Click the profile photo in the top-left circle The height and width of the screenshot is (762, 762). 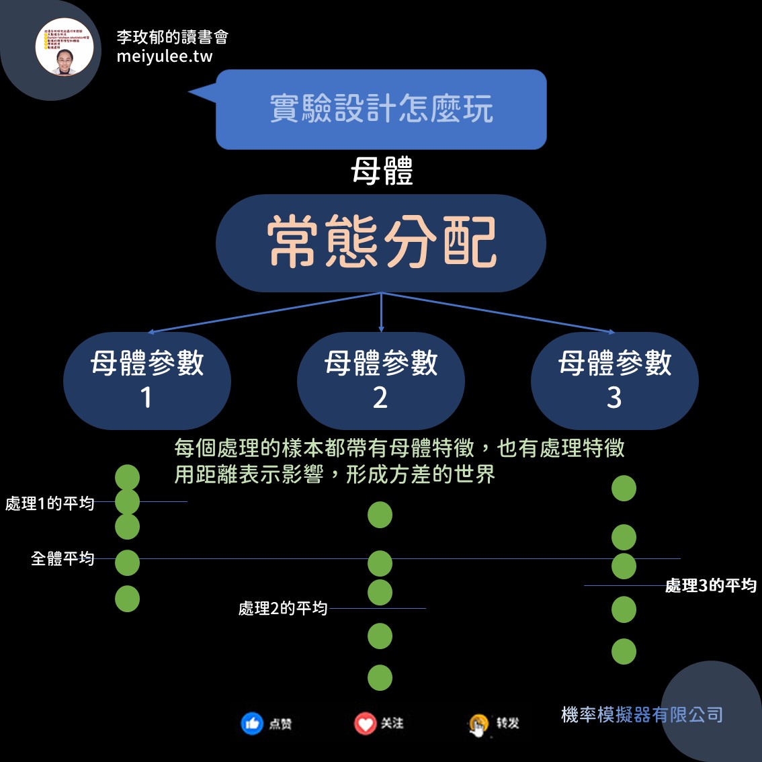65,47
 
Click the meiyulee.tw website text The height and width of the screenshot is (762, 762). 165,56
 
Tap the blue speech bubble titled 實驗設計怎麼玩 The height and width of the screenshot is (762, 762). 381,109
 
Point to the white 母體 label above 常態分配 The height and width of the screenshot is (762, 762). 382,171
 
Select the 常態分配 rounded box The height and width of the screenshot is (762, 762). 381,243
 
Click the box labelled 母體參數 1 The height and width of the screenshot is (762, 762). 147,380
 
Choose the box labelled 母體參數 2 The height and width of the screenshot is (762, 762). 381,380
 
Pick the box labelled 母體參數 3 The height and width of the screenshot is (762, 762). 614,380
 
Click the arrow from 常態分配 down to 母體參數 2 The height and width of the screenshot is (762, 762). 381,312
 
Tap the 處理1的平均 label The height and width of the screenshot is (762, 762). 50,503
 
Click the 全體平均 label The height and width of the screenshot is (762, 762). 62,558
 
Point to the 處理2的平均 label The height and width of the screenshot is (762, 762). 283,608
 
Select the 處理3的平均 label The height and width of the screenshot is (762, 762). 711,586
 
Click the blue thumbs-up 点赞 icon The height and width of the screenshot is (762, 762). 252,724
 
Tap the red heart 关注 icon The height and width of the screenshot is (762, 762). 365,724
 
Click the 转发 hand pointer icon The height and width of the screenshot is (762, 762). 478,725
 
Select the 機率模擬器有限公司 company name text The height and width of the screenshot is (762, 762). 642,714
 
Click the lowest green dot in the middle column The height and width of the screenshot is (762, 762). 380,678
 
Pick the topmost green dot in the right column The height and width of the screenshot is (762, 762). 624,489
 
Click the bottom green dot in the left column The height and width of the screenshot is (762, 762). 127,599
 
